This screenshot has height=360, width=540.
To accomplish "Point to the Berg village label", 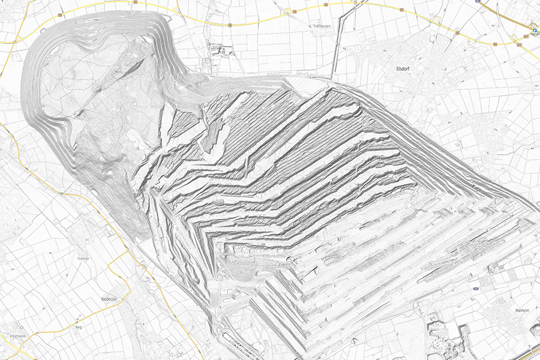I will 78,327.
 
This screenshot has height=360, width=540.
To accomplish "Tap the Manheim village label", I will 505,310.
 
